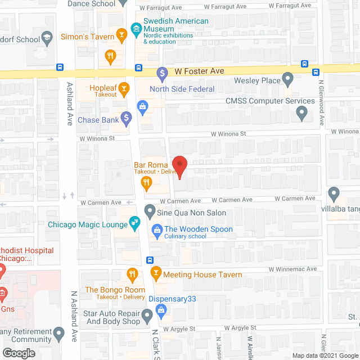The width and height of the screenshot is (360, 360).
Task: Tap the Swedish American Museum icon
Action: [136, 28]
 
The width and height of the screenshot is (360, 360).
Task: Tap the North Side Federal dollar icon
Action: [163, 73]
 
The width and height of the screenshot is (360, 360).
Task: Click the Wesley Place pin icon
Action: [288, 79]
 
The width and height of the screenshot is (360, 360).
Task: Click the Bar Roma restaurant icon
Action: [146, 181]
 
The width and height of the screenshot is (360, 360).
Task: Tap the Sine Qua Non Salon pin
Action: [150, 212]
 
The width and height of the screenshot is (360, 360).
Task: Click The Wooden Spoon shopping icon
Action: [156, 229]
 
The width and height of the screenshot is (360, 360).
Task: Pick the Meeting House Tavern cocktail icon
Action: [156, 274]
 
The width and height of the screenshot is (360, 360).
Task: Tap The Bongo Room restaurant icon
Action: [132, 275]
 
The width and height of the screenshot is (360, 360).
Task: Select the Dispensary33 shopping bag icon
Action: [161, 309]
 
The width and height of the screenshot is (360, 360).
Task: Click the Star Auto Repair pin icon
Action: [147, 316]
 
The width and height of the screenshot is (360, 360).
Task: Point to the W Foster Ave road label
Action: [199, 71]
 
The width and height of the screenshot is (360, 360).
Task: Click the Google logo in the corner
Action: [18, 353]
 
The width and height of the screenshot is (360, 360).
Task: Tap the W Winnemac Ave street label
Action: [292, 269]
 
